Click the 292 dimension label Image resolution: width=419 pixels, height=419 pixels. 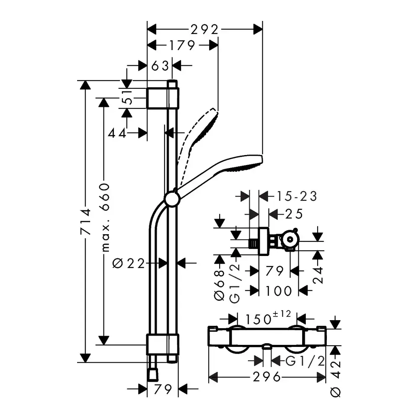click(205, 30)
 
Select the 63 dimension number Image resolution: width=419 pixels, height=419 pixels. click(160, 66)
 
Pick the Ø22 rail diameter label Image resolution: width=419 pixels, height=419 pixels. click(129, 263)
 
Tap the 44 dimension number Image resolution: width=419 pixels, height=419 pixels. click(117, 133)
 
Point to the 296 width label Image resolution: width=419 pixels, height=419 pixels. click(266, 377)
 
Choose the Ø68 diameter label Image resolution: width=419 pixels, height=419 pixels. click(219, 285)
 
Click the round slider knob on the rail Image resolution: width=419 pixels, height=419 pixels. click(172, 199)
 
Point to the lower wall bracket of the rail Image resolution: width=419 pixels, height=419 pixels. click(163, 344)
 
